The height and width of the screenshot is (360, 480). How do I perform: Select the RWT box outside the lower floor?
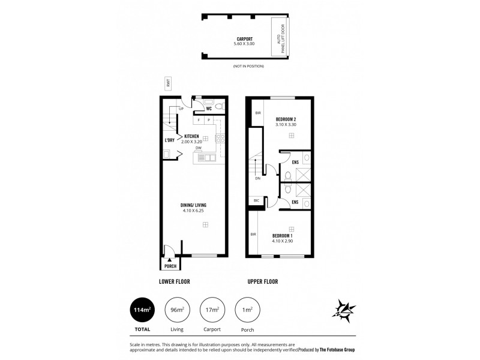[x=169, y=84]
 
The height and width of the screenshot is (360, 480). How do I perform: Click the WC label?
[x=209, y=109]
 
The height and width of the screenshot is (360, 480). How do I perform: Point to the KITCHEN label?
[x=191, y=136]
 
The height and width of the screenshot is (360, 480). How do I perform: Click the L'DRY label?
[x=170, y=140]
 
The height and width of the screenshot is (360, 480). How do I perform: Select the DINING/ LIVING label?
[x=193, y=206]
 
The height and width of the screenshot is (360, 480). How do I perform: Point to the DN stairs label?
[x=257, y=178]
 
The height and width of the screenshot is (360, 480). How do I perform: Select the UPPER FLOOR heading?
[x=262, y=281]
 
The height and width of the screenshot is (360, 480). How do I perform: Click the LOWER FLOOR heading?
[x=175, y=281]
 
